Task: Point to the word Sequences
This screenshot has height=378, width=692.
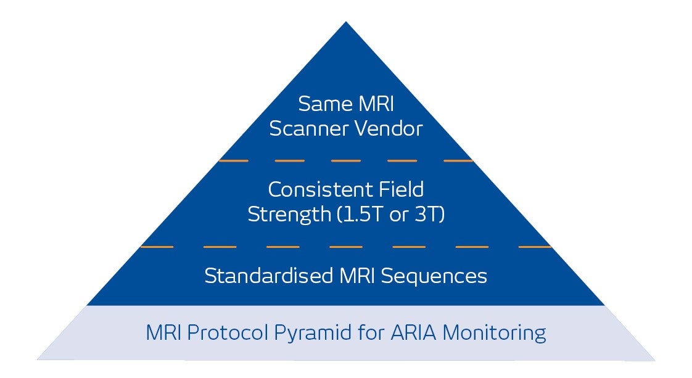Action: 434,276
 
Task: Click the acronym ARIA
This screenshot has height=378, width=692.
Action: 413,334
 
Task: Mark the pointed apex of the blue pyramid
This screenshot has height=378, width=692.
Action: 345,23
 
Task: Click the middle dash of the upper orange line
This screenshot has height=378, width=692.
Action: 345,160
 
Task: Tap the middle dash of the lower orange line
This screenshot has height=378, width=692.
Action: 345,247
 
